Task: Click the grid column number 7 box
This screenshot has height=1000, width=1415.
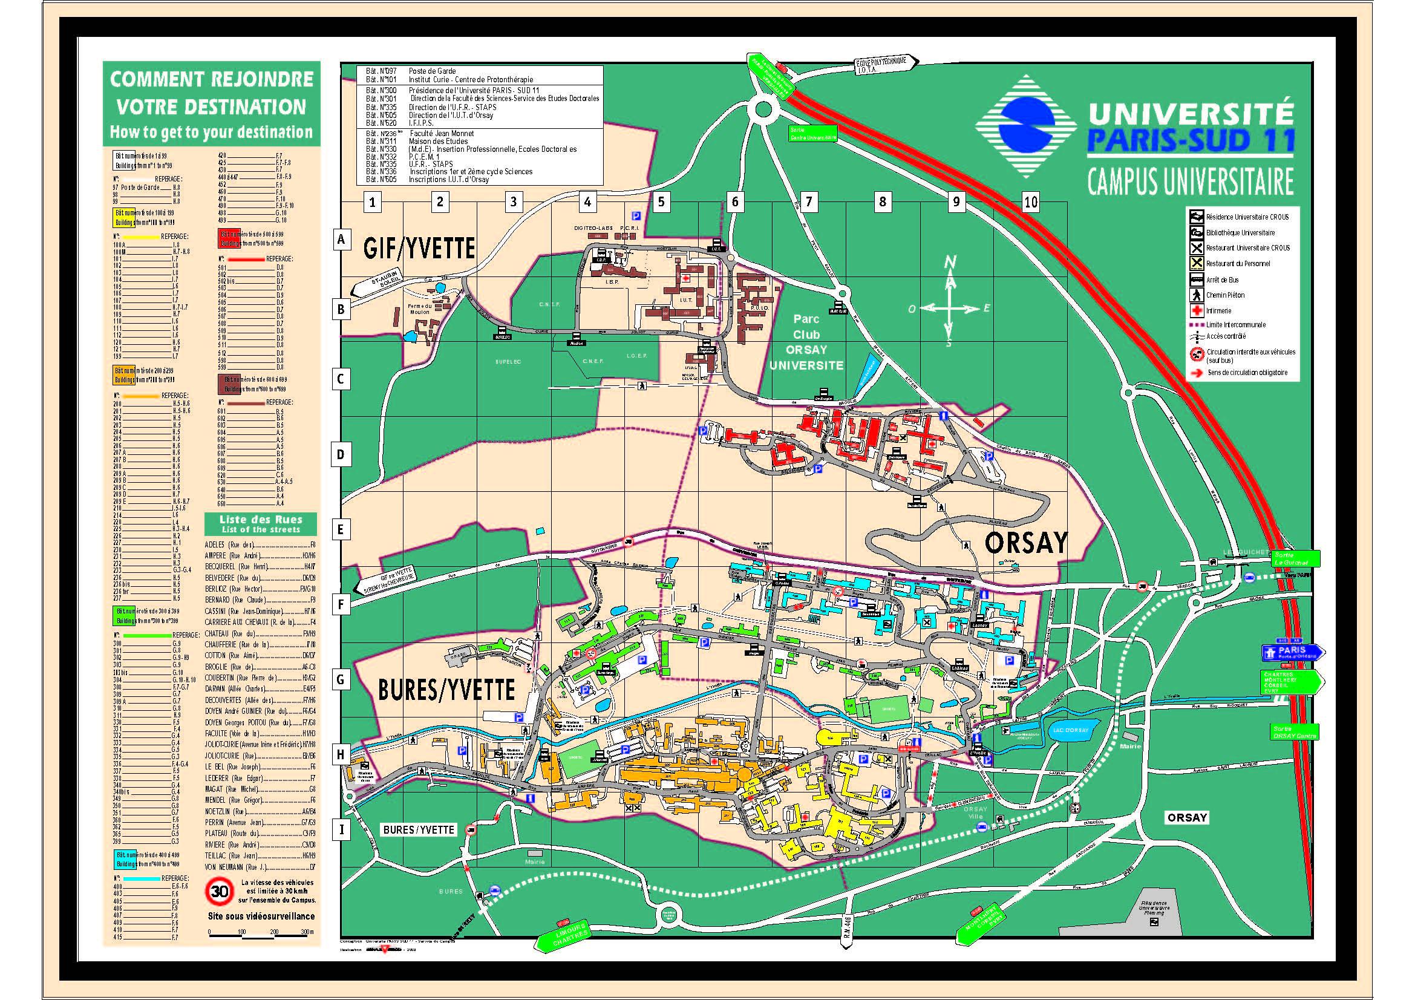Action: (x=809, y=201)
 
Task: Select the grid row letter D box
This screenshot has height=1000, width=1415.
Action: (x=341, y=455)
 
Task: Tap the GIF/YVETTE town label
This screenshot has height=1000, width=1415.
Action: (x=419, y=248)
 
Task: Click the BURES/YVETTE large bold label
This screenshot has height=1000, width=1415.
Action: (x=446, y=690)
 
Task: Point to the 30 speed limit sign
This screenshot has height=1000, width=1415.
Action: (x=220, y=891)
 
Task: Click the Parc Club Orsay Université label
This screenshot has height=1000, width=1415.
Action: (x=806, y=342)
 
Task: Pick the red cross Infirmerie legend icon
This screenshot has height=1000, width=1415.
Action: (x=1196, y=310)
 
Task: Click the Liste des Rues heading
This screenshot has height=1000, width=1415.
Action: (x=261, y=523)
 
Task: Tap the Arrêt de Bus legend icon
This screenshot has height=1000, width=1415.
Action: (x=1196, y=279)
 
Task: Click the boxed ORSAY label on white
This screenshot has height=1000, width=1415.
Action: (x=1187, y=818)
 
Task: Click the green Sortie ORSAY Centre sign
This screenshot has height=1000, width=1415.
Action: (x=1295, y=732)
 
